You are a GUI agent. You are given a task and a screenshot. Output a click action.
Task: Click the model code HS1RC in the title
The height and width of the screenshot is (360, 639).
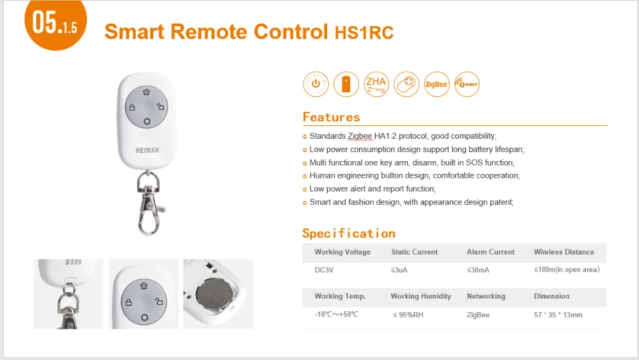[364, 33]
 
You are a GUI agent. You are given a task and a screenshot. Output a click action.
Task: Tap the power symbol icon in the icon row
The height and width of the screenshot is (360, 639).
[314, 84]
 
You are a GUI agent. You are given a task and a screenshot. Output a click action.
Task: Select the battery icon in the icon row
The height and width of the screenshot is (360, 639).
[346, 84]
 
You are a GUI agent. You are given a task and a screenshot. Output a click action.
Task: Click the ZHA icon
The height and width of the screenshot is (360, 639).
[376, 84]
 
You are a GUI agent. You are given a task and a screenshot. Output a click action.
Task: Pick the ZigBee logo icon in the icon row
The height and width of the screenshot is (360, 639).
[437, 84]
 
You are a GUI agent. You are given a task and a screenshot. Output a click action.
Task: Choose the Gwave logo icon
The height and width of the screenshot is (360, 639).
[467, 84]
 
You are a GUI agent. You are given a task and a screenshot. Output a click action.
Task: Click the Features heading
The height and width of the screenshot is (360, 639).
[331, 117]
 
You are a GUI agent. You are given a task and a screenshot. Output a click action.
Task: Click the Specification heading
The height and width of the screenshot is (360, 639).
[349, 233]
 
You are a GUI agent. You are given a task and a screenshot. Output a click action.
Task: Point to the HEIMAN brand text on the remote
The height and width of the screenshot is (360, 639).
[147, 150]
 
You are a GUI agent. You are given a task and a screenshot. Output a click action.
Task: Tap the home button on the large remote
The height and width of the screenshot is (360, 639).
[146, 92]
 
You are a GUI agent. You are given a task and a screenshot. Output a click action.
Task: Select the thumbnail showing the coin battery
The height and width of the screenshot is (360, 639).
[218, 294]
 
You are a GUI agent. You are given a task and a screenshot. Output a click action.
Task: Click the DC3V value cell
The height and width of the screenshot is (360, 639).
[325, 270]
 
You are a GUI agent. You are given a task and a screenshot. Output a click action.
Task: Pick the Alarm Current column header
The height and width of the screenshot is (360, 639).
[490, 252]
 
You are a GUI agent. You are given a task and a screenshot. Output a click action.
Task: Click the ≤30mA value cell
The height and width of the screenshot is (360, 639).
[477, 270]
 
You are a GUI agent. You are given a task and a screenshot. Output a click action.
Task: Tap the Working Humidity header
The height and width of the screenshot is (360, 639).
[420, 296]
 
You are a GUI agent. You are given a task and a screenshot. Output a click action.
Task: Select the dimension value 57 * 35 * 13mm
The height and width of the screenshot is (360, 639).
[558, 315]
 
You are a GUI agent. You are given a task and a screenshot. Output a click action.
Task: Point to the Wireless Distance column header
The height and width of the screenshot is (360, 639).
[564, 252]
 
